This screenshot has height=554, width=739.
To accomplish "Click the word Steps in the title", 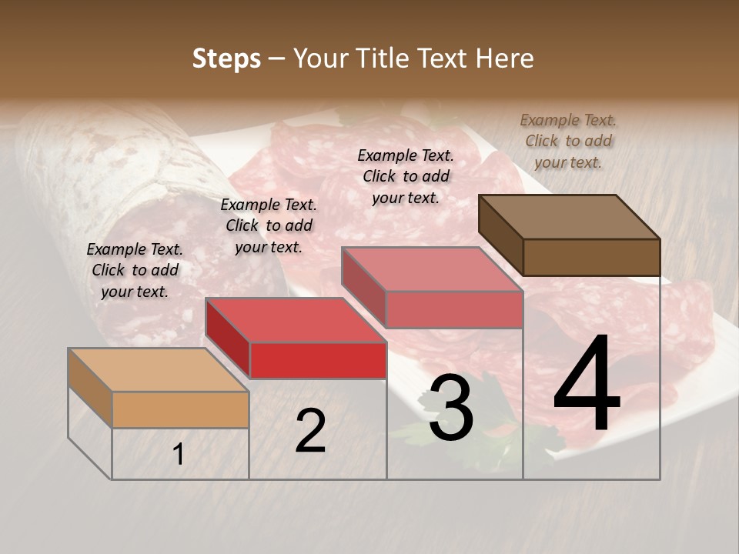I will [x=226, y=58].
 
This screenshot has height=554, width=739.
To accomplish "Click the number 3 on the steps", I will [x=451, y=408].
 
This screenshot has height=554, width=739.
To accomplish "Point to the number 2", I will [x=310, y=431].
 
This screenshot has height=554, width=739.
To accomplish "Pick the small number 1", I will [x=179, y=455].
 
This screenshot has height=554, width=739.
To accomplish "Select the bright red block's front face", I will [x=318, y=360].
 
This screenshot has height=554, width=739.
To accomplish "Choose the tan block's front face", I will [x=180, y=409].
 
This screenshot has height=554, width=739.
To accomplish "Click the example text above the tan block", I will [x=135, y=270].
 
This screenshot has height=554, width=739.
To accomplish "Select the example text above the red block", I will [x=269, y=225].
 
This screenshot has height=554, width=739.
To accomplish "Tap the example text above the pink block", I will [x=406, y=176].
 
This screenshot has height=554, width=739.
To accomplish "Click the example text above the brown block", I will [x=568, y=141].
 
